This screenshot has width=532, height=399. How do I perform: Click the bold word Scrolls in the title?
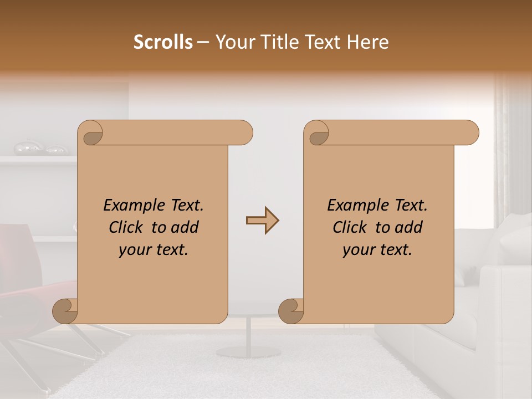tap(163, 42)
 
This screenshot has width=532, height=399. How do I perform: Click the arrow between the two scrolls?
tap(262, 221)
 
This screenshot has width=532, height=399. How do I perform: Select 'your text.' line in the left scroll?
tap(154, 249)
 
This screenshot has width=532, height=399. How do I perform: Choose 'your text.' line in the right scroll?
tap(377, 249)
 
